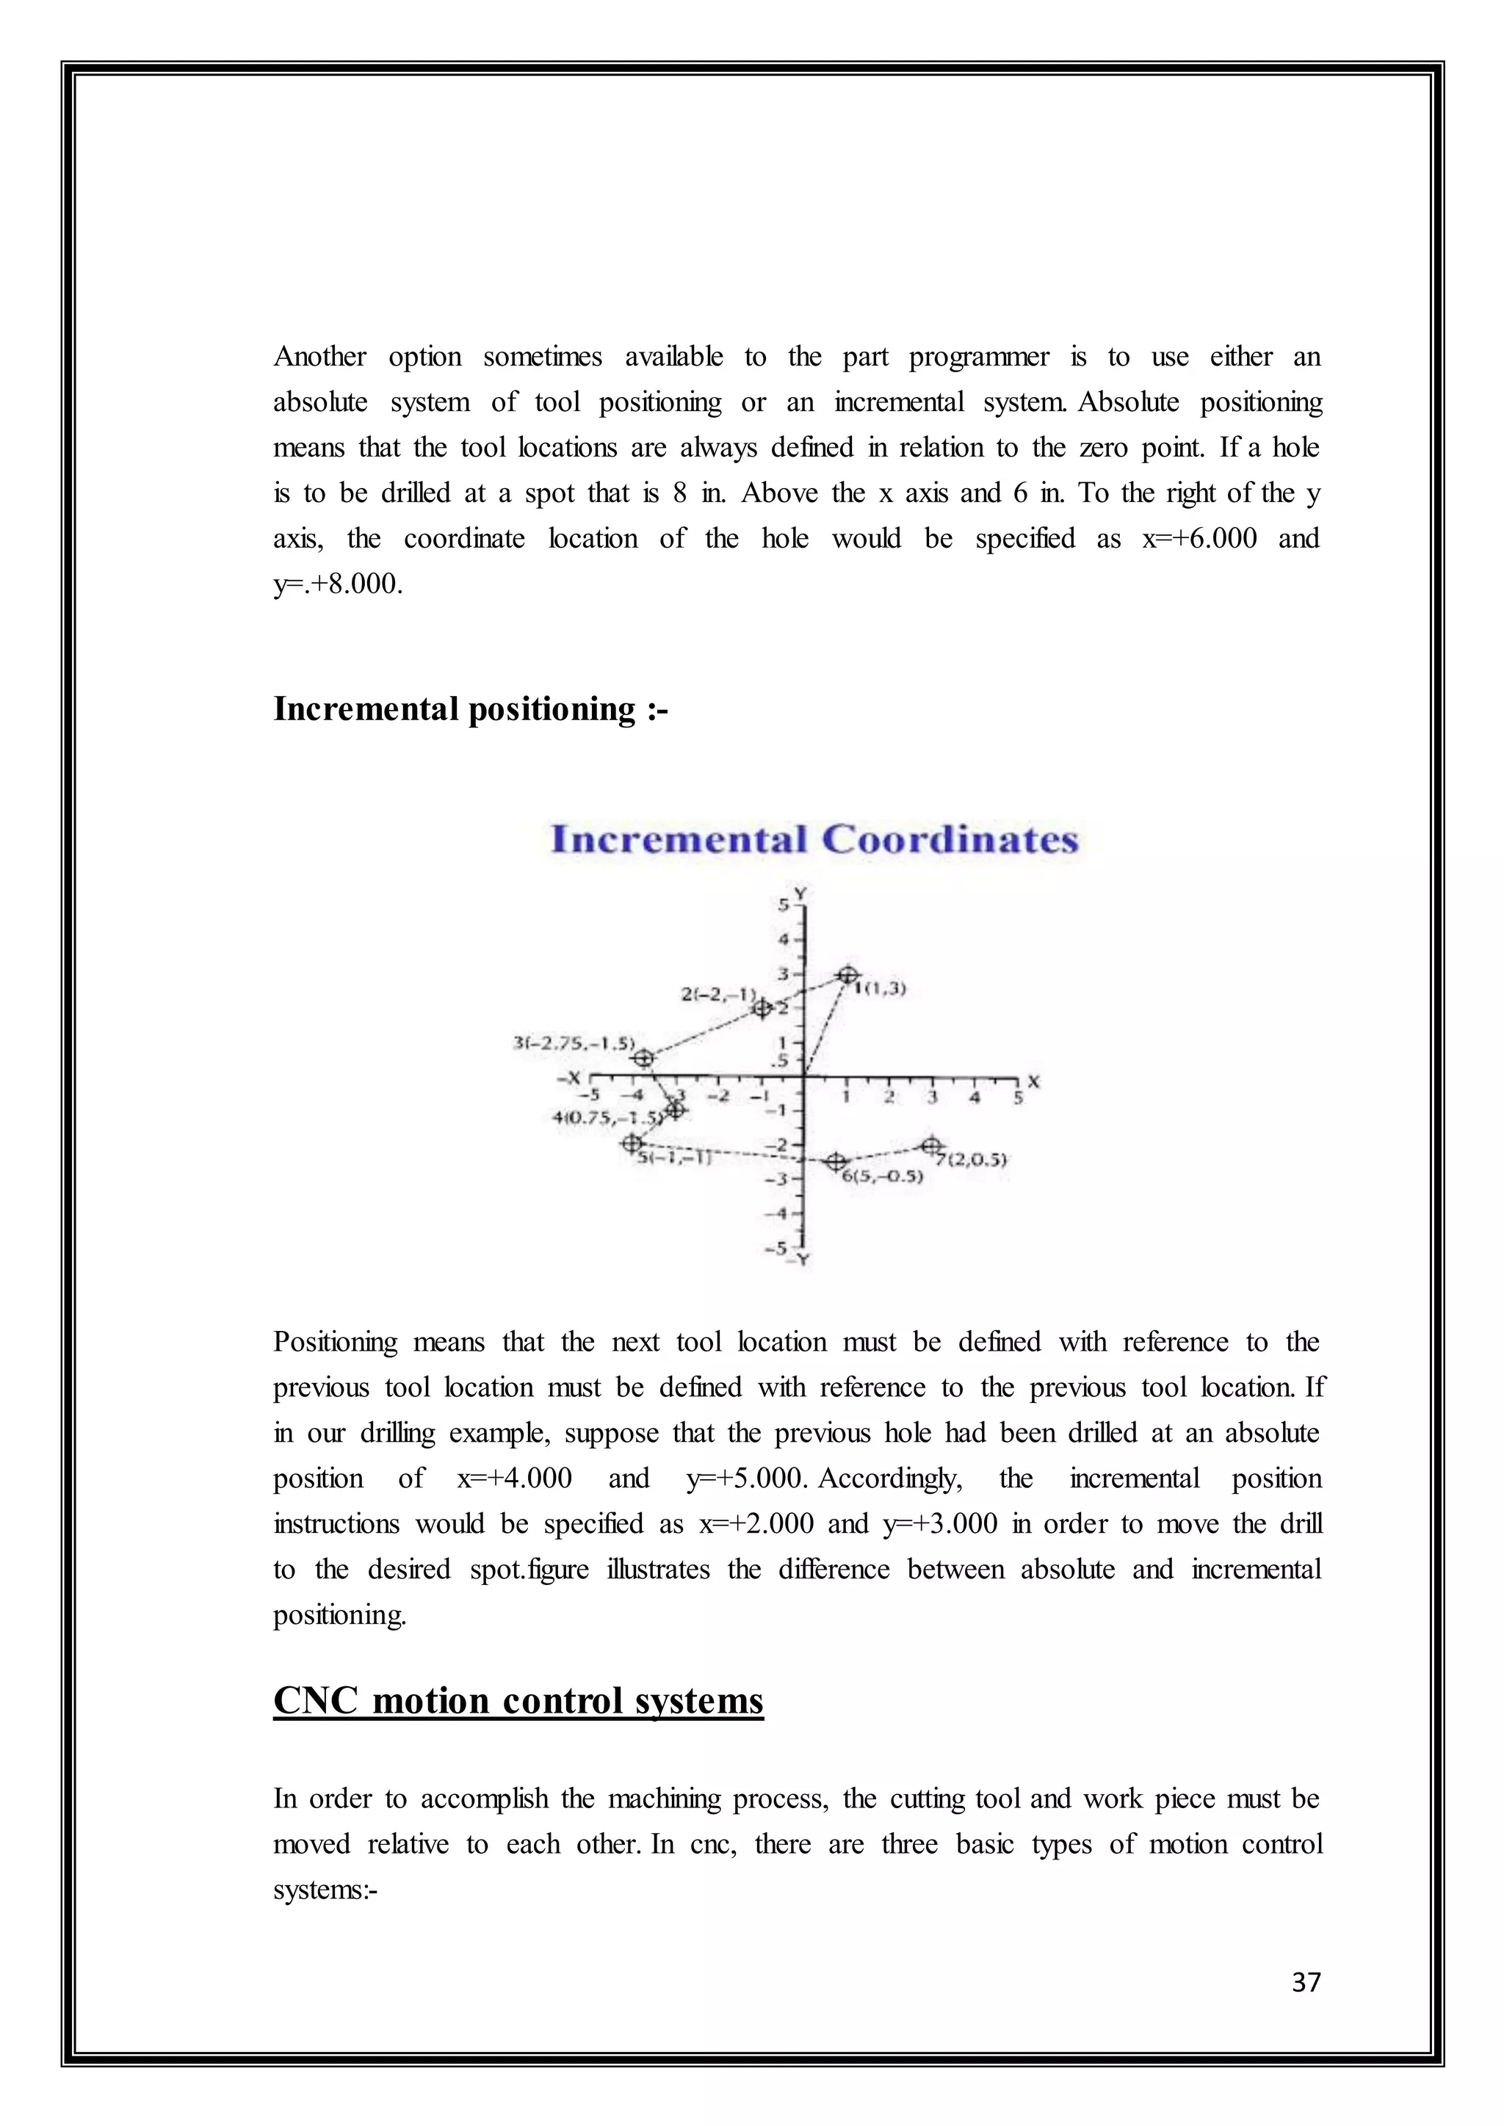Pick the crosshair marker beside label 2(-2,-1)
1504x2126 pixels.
762,1007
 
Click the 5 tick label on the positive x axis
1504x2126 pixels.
1018,1098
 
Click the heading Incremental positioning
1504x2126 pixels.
471,709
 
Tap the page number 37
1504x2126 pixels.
1306,1982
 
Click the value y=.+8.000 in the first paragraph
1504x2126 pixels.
337,585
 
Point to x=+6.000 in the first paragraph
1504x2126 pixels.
1199,539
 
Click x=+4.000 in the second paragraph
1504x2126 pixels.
514,1478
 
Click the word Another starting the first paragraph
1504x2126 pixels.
319,358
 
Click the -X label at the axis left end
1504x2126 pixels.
568,1078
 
